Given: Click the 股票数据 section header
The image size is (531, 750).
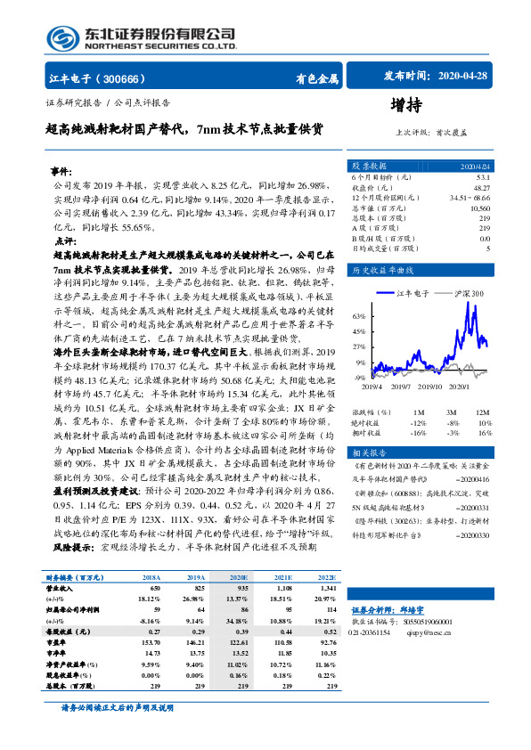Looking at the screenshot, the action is pyautogui.click(x=368, y=166).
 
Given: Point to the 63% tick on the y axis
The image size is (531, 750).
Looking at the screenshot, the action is pyautogui.click(x=359, y=316).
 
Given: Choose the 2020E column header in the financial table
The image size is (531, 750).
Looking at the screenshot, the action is pyautogui.click(x=239, y=578).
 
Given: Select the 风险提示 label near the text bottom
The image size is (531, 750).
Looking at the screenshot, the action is pyautogui.click(x=75, y=545).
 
